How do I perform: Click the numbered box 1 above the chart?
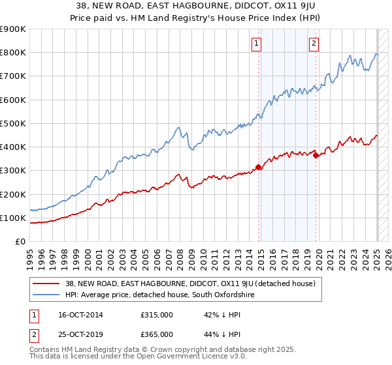(x=255, y=44)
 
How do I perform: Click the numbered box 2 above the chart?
(x=314, y=44)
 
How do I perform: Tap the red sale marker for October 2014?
(x=259, y=167)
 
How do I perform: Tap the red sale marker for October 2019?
(x=316, y=155)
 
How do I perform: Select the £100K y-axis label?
(x=13, y=218)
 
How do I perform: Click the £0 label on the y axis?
(x=20, y=242)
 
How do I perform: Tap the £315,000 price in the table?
(x=155, y=315)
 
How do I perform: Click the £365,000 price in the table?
(x=155, y=334)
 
